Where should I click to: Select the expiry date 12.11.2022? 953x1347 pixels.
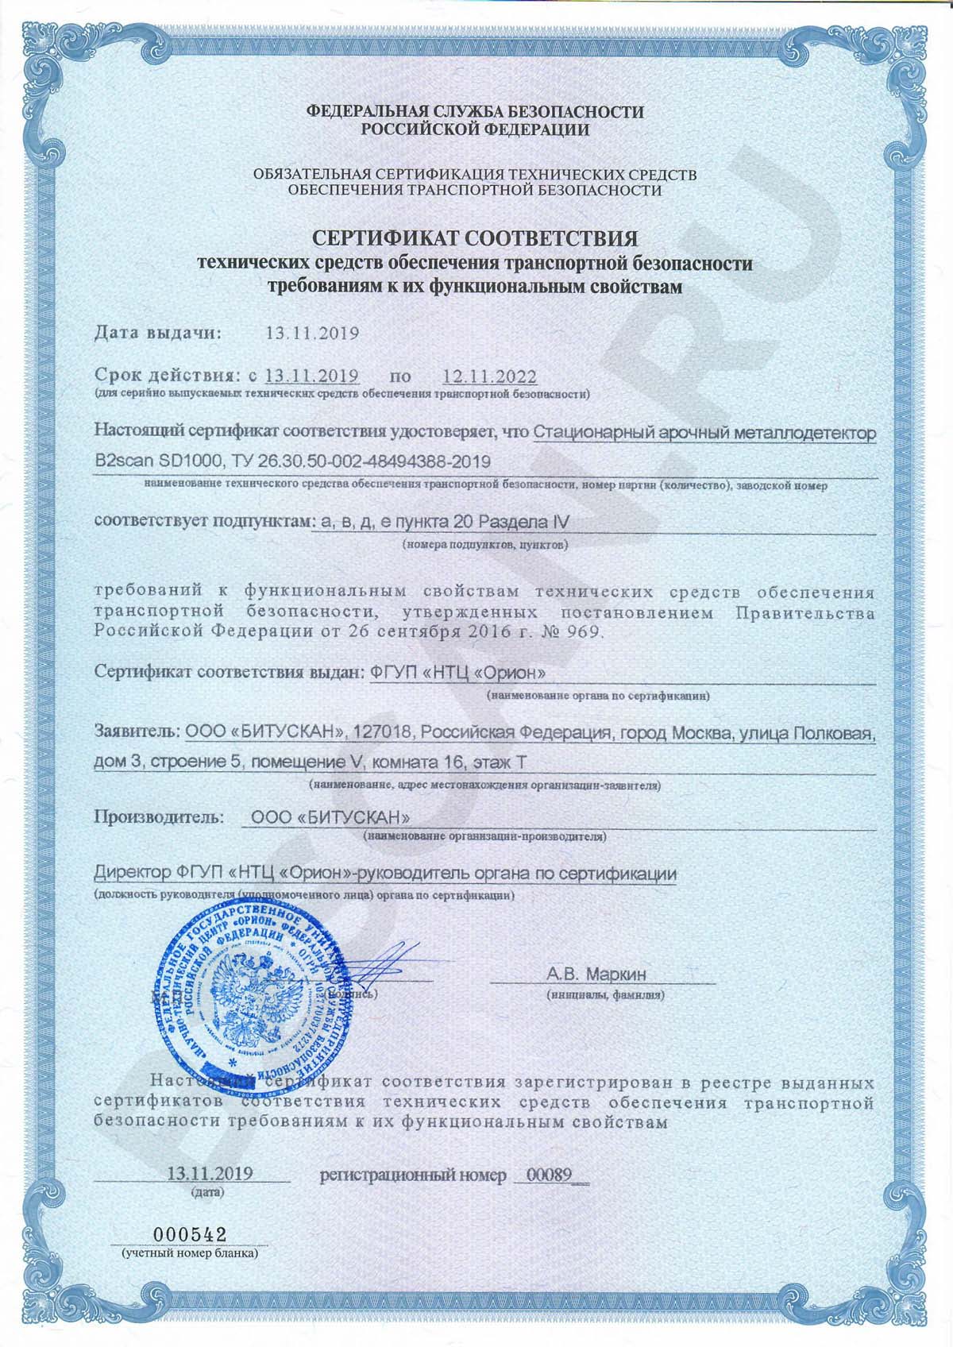489,376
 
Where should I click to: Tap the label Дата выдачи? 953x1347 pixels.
158,333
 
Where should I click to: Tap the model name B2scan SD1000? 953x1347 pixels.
151,461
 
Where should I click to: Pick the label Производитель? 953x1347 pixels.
158,816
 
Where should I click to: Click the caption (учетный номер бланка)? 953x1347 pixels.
190,1252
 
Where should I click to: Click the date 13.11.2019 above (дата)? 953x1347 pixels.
210,1174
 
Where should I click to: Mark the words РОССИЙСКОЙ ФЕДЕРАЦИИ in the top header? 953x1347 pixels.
476,130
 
